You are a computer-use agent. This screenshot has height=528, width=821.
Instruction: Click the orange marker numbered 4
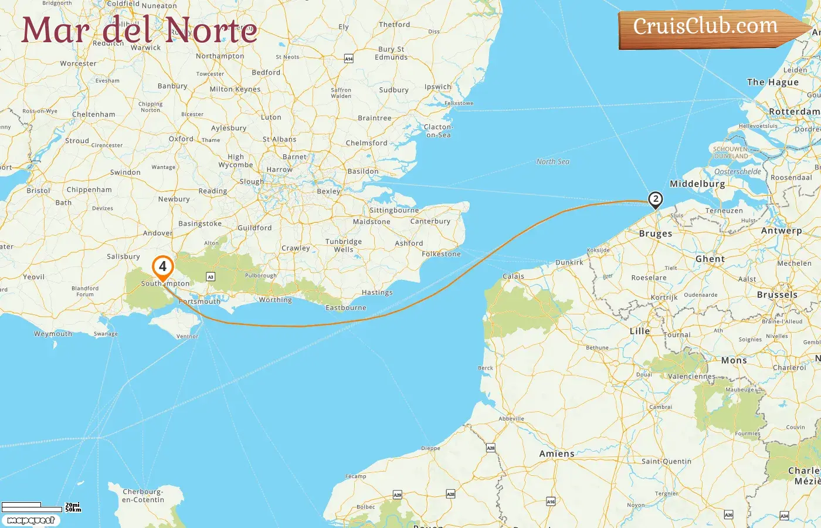162,267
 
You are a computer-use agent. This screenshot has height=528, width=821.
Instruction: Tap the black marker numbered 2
656,199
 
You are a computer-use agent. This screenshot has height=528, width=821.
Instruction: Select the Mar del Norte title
140,30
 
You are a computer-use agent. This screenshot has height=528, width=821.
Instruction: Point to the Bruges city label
656,233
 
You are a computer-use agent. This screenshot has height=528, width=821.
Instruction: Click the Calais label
513,276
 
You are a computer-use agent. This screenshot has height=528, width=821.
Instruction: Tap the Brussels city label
777,295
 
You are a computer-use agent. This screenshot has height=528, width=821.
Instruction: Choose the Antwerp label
781,231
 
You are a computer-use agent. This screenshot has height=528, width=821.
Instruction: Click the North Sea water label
552,162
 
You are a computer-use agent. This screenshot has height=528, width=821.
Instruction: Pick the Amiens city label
557,453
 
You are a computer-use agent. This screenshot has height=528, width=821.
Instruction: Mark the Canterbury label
430,221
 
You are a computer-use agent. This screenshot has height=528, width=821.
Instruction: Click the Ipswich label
438,87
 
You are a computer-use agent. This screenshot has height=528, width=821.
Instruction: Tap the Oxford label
181,139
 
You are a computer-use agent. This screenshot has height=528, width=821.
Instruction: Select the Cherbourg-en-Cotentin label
143,496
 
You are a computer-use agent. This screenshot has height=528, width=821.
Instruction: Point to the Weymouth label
53,334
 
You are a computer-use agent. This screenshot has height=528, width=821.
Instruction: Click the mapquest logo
30,520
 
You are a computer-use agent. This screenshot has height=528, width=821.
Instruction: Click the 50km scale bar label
73,510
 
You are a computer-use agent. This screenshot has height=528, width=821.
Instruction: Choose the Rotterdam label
794,111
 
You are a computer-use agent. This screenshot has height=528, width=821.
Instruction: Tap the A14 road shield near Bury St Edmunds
349,59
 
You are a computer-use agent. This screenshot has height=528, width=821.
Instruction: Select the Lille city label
640,331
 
